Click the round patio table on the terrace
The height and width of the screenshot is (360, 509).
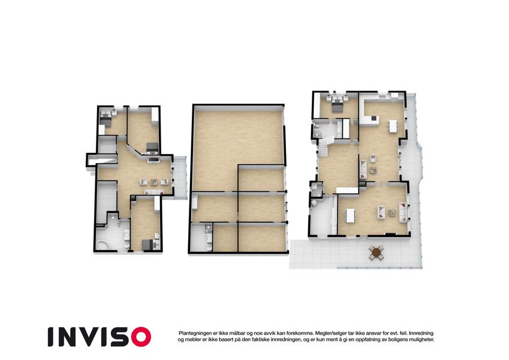377,252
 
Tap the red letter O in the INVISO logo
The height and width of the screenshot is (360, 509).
141,337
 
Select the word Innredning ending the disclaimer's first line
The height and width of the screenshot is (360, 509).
421,334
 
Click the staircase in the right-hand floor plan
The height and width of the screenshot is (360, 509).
324,147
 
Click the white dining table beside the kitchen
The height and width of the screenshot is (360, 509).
393,126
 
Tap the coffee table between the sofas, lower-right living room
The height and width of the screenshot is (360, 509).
392,213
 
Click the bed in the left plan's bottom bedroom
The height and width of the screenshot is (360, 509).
148,245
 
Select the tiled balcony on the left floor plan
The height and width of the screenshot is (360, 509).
179,177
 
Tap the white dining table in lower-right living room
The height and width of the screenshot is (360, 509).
350,216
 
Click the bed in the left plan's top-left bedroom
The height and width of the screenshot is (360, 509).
105,119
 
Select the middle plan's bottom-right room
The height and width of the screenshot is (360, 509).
262,238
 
